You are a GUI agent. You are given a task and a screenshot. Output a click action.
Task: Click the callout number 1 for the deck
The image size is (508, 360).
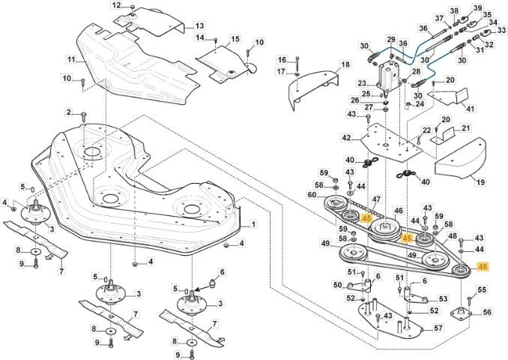point(253,224)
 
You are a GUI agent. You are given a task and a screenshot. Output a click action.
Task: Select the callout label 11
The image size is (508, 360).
point(72,60)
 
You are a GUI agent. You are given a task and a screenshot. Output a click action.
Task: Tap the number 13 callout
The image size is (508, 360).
point(199,25)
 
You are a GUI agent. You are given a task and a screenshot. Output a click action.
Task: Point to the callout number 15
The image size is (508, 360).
point(235,39)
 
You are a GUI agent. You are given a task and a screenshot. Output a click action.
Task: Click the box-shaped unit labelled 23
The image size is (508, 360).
point(390,76)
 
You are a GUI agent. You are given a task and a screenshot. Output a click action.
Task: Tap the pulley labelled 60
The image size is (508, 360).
point(336,203)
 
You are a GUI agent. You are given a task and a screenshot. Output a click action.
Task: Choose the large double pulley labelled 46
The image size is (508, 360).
point(386,229)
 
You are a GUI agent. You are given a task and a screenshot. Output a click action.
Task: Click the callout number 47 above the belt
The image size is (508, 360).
point(377,199)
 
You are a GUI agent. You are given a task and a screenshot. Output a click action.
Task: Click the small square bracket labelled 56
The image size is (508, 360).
point(460,313)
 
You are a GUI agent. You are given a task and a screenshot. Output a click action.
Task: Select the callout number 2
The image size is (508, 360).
point(69,112)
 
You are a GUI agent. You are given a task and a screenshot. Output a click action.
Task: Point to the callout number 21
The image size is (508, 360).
point(465,128)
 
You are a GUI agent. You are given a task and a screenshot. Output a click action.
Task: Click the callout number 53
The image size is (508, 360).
point(443,298)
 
